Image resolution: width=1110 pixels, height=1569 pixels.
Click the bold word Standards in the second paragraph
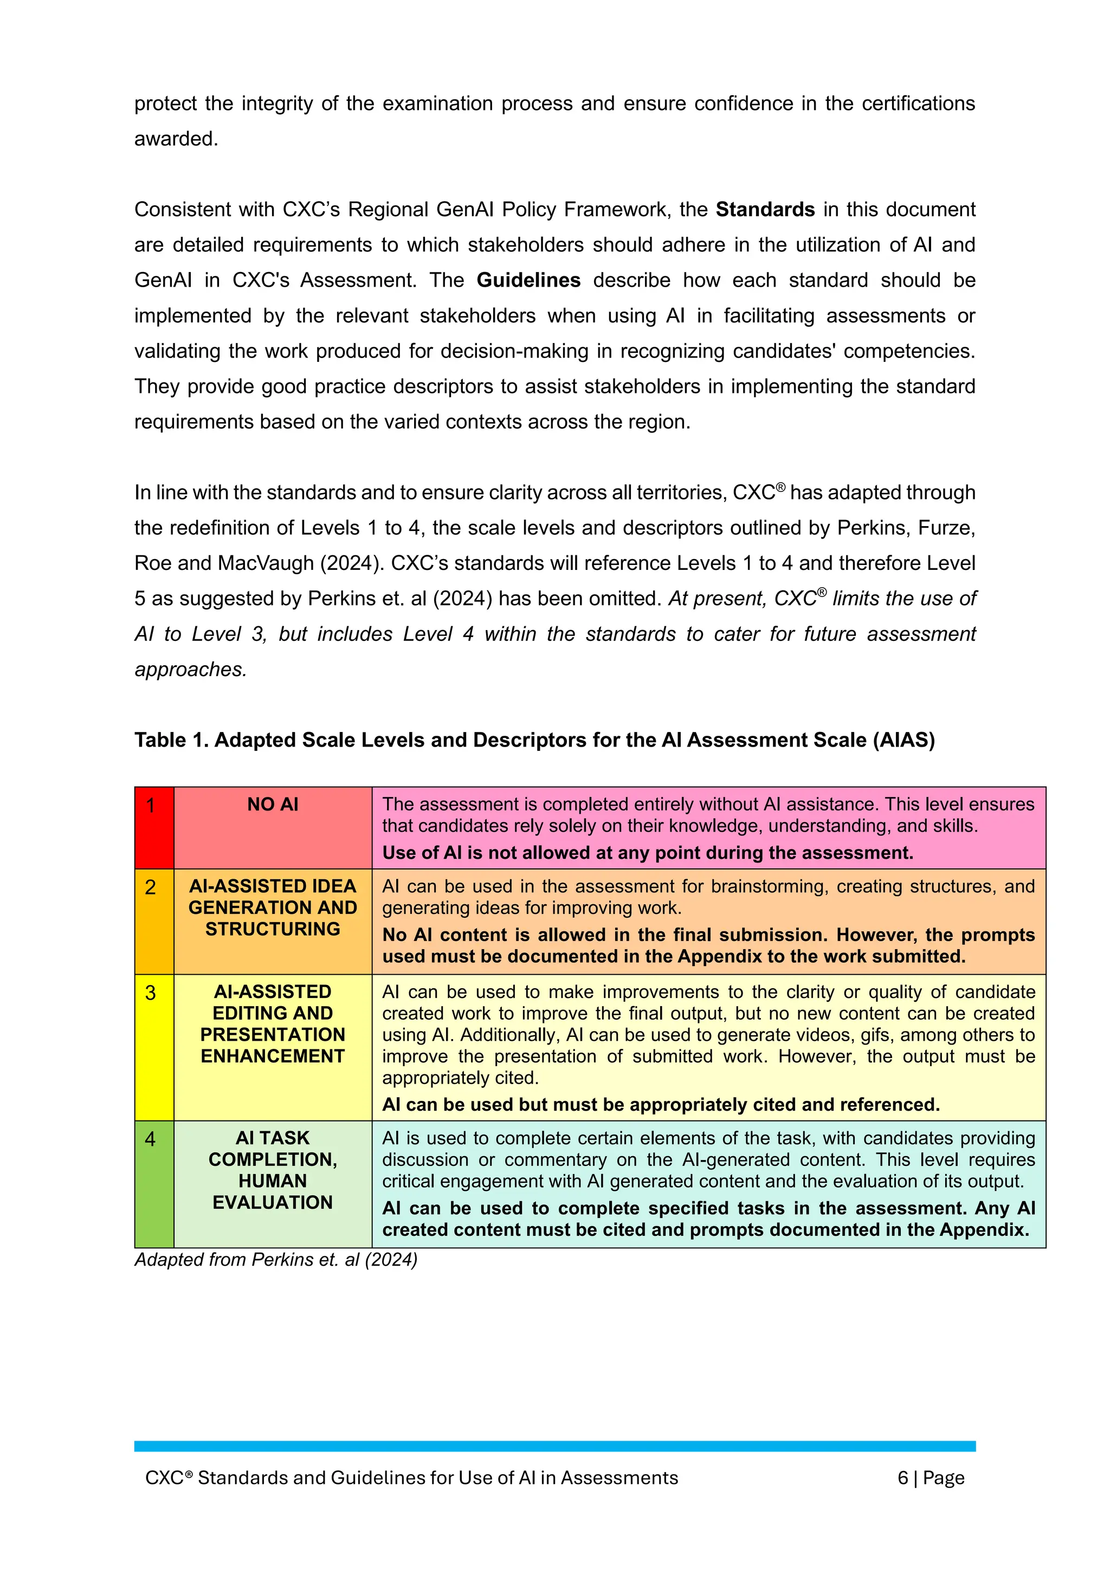click(x=765, y=210)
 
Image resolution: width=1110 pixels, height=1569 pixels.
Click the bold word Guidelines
click(x=528, y=280)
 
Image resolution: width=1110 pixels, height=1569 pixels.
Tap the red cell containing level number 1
click(x=154, y=827)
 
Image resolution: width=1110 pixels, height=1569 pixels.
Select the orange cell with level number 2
click(x=154, y=921)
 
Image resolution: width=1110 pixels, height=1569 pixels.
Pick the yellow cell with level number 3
click(x=154, y=1047)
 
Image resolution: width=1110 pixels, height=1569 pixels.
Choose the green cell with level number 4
click(x=154, y=1184)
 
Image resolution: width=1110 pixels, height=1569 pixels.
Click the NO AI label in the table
click(x=273, y=805)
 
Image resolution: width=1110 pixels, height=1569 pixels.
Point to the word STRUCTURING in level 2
click(x=273, y=929)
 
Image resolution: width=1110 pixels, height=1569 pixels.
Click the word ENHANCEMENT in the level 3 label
click(x=273, y=1056)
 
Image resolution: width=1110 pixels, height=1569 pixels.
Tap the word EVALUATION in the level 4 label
click(x=273, y=1203)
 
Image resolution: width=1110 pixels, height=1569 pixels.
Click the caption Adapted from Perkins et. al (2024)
click(x=275, y=1260)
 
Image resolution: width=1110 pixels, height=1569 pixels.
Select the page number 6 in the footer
click(x=903, y=1478)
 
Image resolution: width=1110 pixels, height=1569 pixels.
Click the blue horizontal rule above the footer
click(x=554, y=1446)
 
